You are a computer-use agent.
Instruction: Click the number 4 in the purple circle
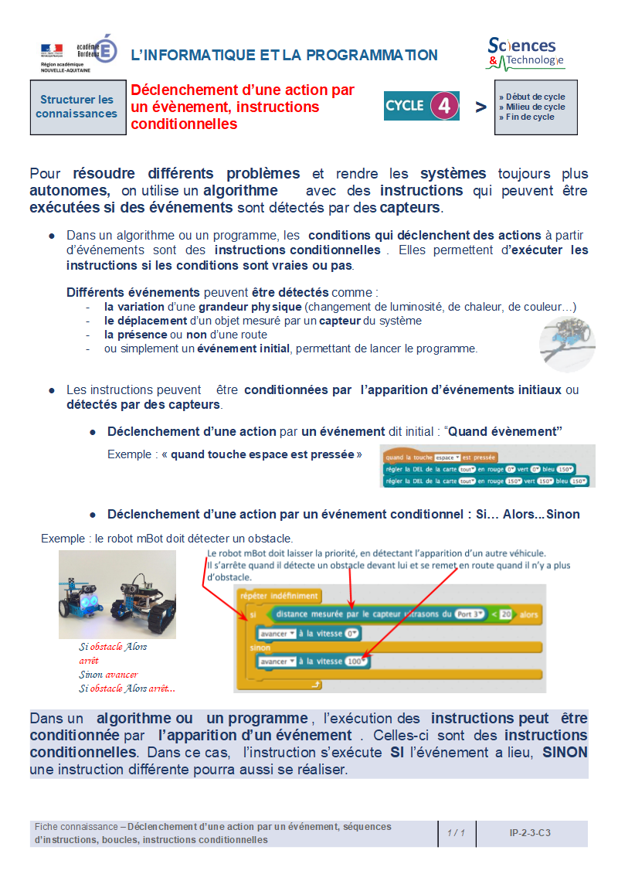[x=443, y=106]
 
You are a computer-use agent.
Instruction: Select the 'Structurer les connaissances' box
[x=76, y=107]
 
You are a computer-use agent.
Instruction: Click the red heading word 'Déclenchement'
[x=178, y=90]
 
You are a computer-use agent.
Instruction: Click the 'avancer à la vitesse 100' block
[x=314, y=661]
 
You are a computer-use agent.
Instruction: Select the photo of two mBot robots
[x=117, y=593]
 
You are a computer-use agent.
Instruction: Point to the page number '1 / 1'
[x=456, y=833]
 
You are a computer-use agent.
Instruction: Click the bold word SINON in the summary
[x=565, y=752]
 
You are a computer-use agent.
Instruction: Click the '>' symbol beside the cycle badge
[x=480, y=107]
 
